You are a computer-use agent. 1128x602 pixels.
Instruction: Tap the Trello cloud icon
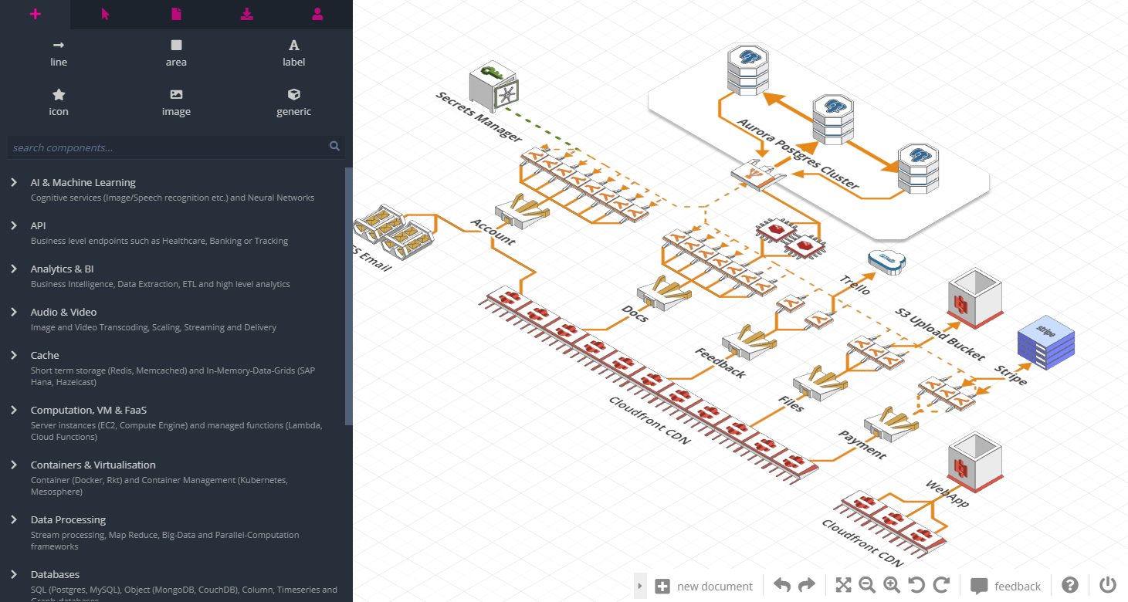pyautogui.click(x=886, y=261)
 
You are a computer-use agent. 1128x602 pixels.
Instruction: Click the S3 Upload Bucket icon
pyautogui.click(x=974, y=295)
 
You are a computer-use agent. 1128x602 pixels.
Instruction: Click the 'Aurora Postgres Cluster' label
pyautogui.click(x=798, y=154)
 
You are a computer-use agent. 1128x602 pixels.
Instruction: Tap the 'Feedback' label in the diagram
pyautogui.click(x=720, y=363)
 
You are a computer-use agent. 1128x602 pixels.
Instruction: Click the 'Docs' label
pyautogui.click(x=635, y=313)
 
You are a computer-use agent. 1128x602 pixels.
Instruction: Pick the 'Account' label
pyautogui.click(x=493, y=232)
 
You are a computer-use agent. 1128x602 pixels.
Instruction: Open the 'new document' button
pyautogui.click(x=703, y=586)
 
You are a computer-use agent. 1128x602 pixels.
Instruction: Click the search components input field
pyautogui.click(x=170, y=147)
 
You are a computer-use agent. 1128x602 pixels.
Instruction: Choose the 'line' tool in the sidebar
pyautogui.click(x=59, y=53)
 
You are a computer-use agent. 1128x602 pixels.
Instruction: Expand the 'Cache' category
pyautogui.click(x=45, y=355)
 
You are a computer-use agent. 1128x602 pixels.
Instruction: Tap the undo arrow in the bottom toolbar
pyautogui.click(x=781, y=585)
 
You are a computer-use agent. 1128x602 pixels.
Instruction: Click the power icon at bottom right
pyautogui.click(x=1108, y=585)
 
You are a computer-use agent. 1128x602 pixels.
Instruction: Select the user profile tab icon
pyautogui.click(x=317, y=14)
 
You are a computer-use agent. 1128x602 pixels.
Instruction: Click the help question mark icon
pyautogui.click(x=1070, y=585)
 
